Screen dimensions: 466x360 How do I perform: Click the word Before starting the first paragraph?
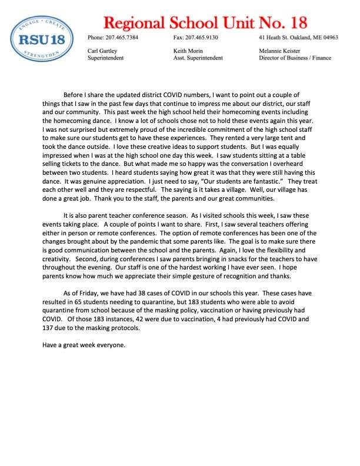coord(74,95)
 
